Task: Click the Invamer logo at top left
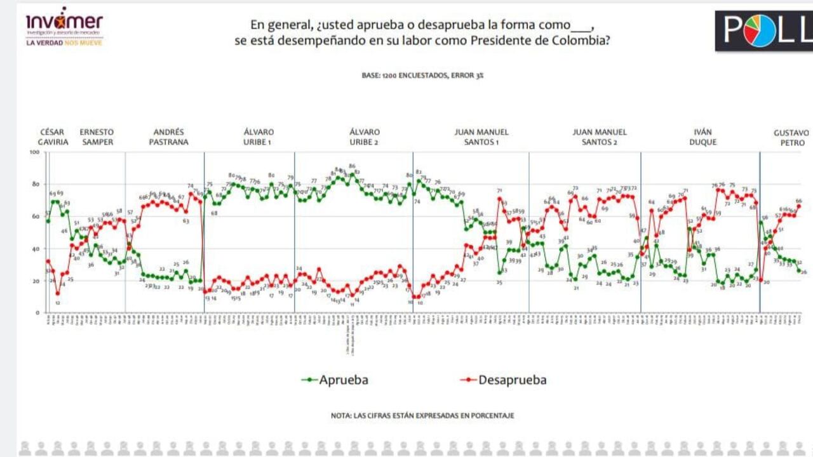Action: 64,22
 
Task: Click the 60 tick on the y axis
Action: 36,216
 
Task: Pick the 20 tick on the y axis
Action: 36,281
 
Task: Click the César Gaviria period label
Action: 53,137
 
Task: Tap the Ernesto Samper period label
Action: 97,137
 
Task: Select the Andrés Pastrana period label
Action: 169,137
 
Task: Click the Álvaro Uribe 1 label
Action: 259,137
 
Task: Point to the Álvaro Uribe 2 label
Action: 365,137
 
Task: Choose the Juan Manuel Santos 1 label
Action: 481,137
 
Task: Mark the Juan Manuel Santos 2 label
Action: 600,137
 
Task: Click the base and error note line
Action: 422,75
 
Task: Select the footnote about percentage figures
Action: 422,416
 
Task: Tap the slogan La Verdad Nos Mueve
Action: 64,43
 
